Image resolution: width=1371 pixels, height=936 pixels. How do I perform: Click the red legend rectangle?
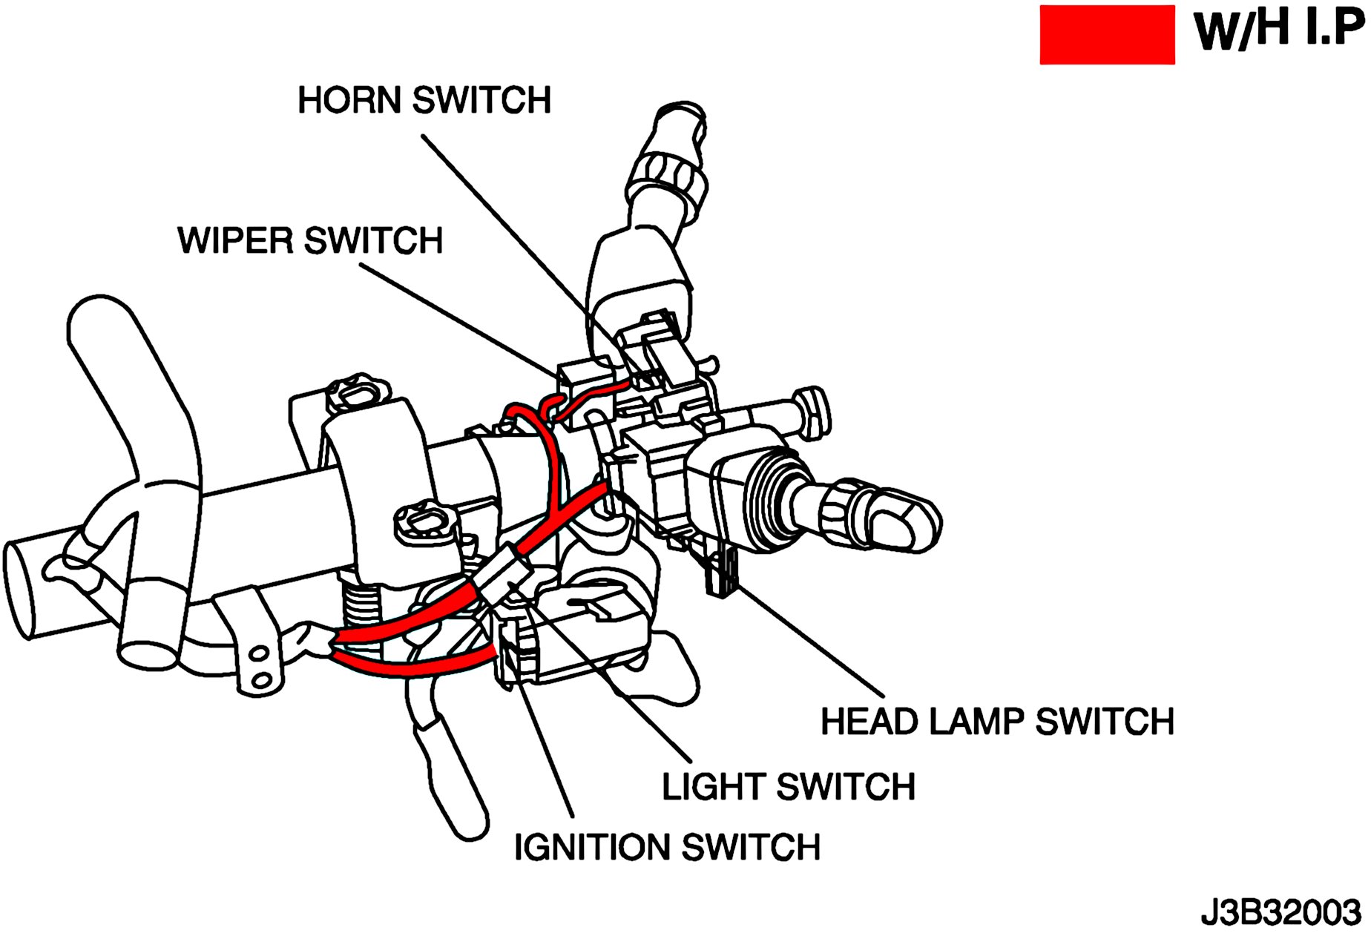1107,35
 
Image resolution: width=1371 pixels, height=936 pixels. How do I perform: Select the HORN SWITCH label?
424,100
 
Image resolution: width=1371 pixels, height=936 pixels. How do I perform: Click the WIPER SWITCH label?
310,240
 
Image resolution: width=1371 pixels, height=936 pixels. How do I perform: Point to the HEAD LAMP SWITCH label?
997,722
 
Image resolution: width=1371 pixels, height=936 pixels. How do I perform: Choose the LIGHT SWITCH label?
789,787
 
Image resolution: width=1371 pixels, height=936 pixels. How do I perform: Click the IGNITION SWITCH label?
667,847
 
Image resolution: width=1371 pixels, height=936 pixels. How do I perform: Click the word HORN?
349,100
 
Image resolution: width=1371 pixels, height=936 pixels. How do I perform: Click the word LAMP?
976,722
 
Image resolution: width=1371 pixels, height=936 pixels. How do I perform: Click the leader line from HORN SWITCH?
519,237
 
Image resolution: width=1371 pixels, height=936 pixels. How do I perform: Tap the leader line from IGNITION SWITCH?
545,749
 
